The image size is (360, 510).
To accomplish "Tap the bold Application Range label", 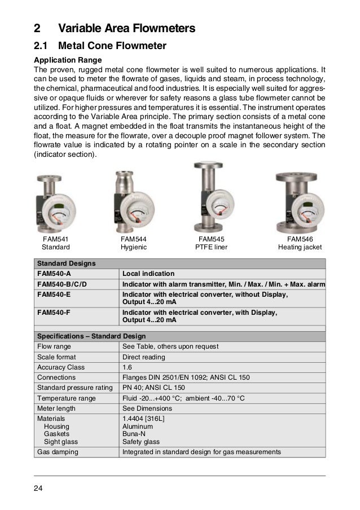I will point(66,60).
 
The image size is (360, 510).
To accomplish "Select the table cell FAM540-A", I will point(53,273).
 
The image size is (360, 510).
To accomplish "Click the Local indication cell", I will point(148,273).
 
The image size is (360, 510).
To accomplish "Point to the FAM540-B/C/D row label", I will point(64,283).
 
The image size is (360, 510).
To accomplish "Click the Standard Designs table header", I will point(66,263).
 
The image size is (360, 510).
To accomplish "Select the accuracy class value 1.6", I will point(128,367).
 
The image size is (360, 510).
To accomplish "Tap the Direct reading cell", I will point(144,357).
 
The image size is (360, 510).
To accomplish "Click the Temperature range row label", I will point(66,397).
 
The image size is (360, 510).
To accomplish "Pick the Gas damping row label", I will point(58,452).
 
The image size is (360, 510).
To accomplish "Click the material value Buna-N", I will point(134,434).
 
